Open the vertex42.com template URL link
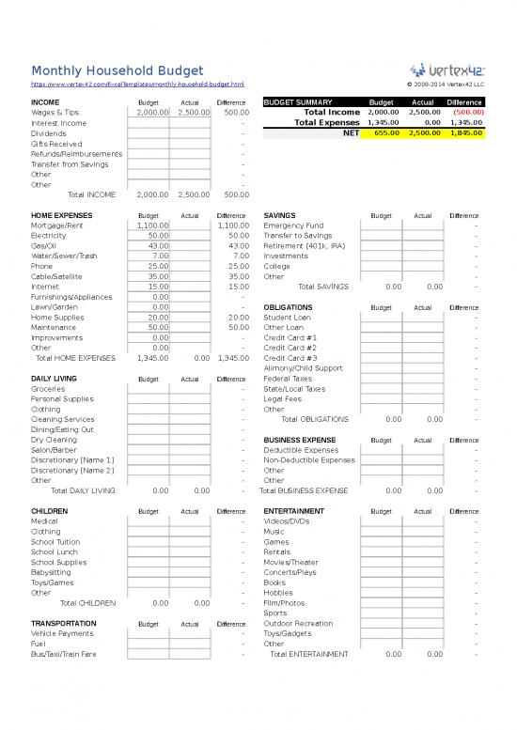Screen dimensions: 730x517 (137, 85)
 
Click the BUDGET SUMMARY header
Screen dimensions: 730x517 (298, 101)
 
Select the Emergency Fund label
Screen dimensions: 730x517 (294, 225)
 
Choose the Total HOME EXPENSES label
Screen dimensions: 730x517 (75, 358)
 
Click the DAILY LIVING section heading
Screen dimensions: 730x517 (54, 379)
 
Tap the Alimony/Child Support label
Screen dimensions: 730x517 (304, 368)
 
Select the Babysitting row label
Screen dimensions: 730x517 (50, 572)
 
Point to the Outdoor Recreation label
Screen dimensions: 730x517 (298, 623)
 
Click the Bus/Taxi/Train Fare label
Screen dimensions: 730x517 (64, 654)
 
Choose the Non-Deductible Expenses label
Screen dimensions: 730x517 (309, 460)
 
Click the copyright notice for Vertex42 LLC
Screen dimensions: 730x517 (445, 85)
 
